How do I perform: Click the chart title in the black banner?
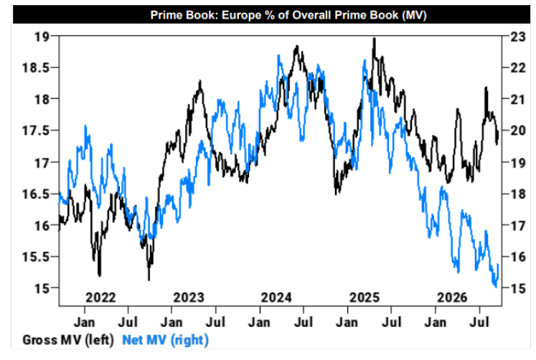[288, 15]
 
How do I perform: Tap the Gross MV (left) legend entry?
[68, 340]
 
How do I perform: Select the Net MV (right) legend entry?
[166, 340]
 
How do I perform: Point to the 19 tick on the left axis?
[42, 37]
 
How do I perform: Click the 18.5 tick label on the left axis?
[36, 67]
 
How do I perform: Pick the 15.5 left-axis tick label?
[36, 257]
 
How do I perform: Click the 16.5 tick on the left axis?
[36, 194]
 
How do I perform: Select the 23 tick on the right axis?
[518, 37]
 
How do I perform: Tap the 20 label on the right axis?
[518, 131]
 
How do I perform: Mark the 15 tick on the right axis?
[518, 288]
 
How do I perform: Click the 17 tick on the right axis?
[518, 225]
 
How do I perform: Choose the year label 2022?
[100, 298]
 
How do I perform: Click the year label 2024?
[276, 298]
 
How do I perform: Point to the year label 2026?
[452, 298]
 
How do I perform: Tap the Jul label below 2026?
[479, 322]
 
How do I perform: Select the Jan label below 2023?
[171, 322]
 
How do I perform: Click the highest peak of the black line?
[375, 38]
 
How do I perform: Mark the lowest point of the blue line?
[496, 287]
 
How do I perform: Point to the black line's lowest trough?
[149, 280]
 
